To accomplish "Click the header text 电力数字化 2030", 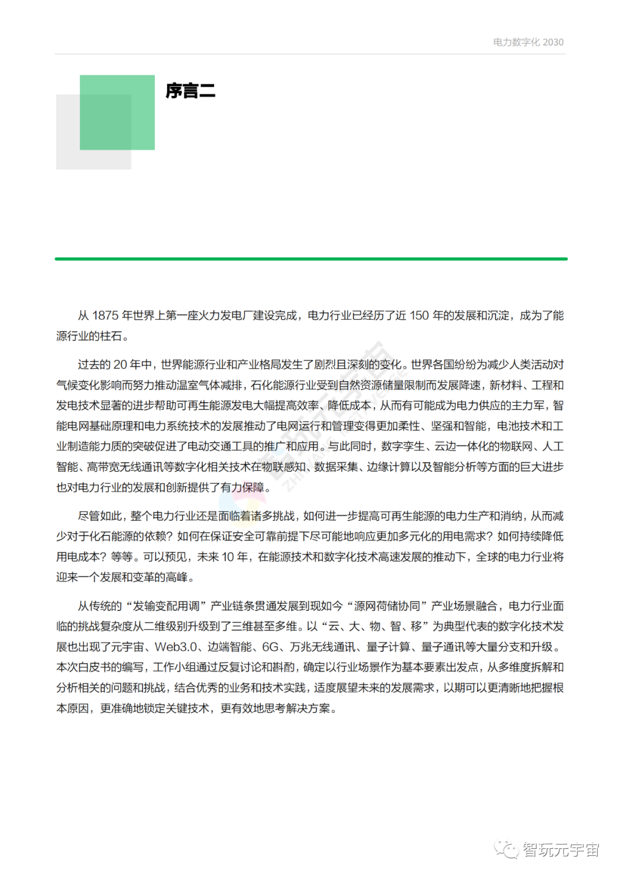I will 528,43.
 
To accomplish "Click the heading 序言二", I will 190,91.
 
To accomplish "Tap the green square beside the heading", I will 117,112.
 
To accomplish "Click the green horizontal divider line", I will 311,259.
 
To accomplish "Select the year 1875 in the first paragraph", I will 105,315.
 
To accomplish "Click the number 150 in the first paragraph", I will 419,315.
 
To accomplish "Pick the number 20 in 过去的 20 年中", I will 120,365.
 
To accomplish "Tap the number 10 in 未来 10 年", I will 228,557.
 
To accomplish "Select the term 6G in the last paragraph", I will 270,647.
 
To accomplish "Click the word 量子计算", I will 389,647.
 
